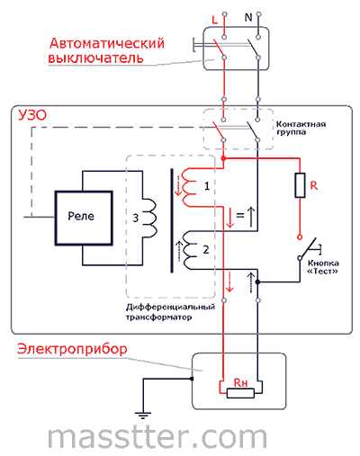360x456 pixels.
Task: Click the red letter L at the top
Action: coord(214,20)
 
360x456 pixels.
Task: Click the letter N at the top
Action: coord(248,18)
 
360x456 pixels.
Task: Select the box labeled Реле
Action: coord(84,218)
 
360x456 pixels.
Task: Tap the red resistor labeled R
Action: coord(300,185)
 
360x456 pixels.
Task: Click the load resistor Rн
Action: coord(240,393)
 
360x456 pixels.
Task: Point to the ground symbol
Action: coord(143,416)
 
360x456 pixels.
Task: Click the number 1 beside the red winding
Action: coord(207,186)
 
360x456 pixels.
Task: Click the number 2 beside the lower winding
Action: coord(206,249)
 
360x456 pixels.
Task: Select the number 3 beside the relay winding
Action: coord(136,218)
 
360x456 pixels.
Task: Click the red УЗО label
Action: coord(32,115)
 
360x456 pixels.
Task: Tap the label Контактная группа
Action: coord(301,128)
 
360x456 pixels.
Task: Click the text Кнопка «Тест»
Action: coord(323,267)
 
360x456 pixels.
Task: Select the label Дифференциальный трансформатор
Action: coord(170,312)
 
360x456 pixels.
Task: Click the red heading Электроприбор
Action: coord(72,349)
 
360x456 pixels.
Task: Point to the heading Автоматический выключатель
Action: coord(106,50)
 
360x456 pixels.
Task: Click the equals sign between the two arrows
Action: coord(240,215)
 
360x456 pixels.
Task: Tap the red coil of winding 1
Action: coord(190,187)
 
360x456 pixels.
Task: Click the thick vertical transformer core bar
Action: coord(172,220)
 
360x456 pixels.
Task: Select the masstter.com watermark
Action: coord(157,437)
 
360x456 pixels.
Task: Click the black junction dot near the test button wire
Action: coord(257,282)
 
